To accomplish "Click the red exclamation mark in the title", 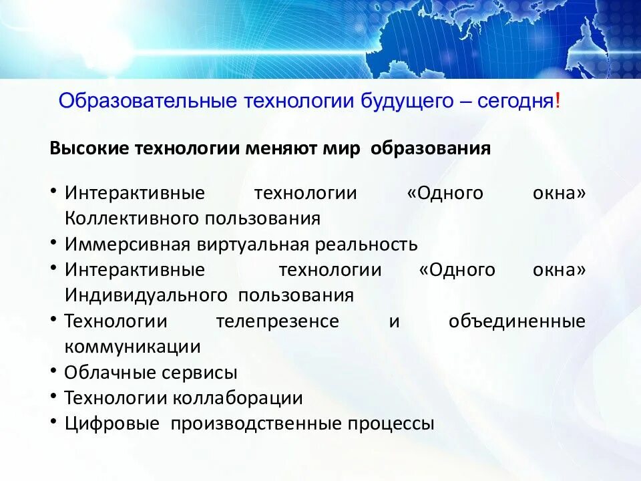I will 558,102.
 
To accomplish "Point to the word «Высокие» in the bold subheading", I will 89,148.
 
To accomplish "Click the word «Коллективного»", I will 132,218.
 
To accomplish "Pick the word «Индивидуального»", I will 144,295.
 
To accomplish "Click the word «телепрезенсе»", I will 277,321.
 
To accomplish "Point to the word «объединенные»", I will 517,321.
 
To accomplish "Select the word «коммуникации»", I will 133,347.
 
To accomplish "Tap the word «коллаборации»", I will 238,398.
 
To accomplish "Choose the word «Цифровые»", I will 112,424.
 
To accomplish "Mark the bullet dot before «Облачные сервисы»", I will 53,371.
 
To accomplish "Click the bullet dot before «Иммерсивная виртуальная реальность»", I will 53,243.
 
